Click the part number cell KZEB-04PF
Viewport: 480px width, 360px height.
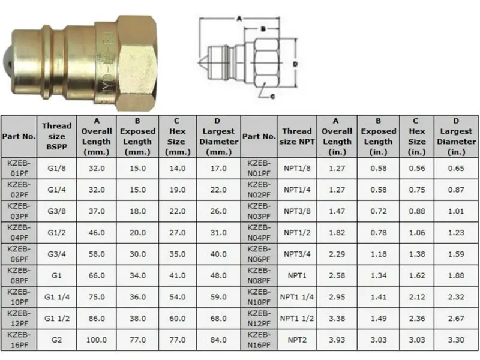(19, 232)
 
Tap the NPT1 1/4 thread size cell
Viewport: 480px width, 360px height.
(297, 296)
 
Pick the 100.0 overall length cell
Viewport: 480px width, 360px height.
(97, 340)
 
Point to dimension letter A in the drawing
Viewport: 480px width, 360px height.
(239, 19)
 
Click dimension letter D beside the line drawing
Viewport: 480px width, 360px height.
(295, 62)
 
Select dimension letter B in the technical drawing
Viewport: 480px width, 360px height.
(263, 28)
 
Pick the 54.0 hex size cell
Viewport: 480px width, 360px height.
(178, 296)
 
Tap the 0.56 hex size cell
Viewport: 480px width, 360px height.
(417, 168)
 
